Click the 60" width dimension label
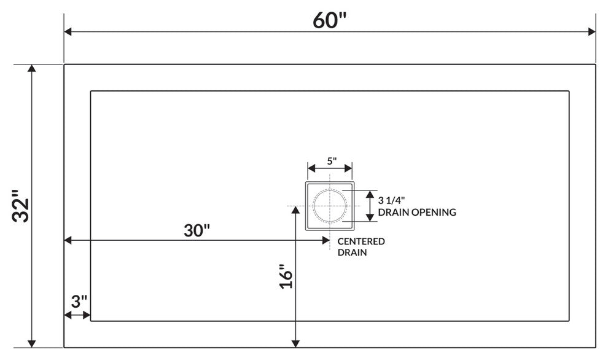[330, 20]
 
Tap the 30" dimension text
[197, 230]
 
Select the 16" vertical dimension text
[284, 277]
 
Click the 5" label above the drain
[331, 162]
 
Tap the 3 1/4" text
[392, 200]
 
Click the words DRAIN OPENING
[417, 213]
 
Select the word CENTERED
[361, 241]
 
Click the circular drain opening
[330, 205]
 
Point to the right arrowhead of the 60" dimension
[591, 31]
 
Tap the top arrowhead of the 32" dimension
[32, 69]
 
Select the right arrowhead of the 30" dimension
[325, 241]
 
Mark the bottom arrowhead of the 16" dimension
[297, 342]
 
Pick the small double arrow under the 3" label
[77, 315]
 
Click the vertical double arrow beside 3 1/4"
[370, 205]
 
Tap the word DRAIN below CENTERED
[349, 252]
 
